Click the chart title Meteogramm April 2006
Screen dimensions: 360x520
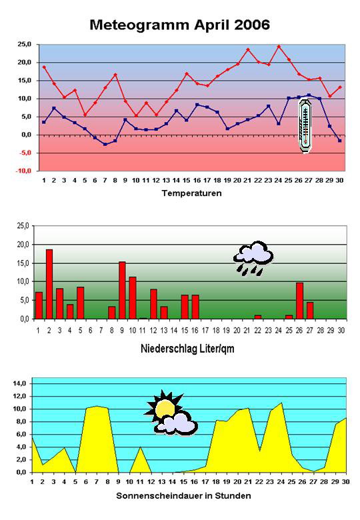click(x=180, y=25)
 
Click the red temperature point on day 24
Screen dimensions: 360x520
click(x=279, y=47)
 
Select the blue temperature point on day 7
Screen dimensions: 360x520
click(x=105, y=144)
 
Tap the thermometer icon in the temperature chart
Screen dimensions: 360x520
click(x=305, y=127)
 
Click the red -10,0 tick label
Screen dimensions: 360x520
click(x=24, y=171)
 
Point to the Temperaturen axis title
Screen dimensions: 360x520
click(x=191, y=193)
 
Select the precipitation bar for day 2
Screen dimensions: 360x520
click(x=49, y=284)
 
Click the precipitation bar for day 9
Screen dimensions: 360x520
click(x=122, y=291)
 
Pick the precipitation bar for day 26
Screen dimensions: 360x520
click(x=300, y=301)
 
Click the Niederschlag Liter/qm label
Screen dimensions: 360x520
click(x=187, y=349)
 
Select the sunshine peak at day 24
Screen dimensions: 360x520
click(x=281, y=403)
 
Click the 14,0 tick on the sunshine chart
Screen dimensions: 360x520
click(x=19, y=384)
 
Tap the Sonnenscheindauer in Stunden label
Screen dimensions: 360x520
click(x=183, y=496)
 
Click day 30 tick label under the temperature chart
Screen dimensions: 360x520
click(x=339, y=181)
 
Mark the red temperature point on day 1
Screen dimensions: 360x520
click(x=44, y=67)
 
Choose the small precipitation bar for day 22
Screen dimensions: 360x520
click(x=258, y=317)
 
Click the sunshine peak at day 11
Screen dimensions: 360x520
click(x=140, y=447)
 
